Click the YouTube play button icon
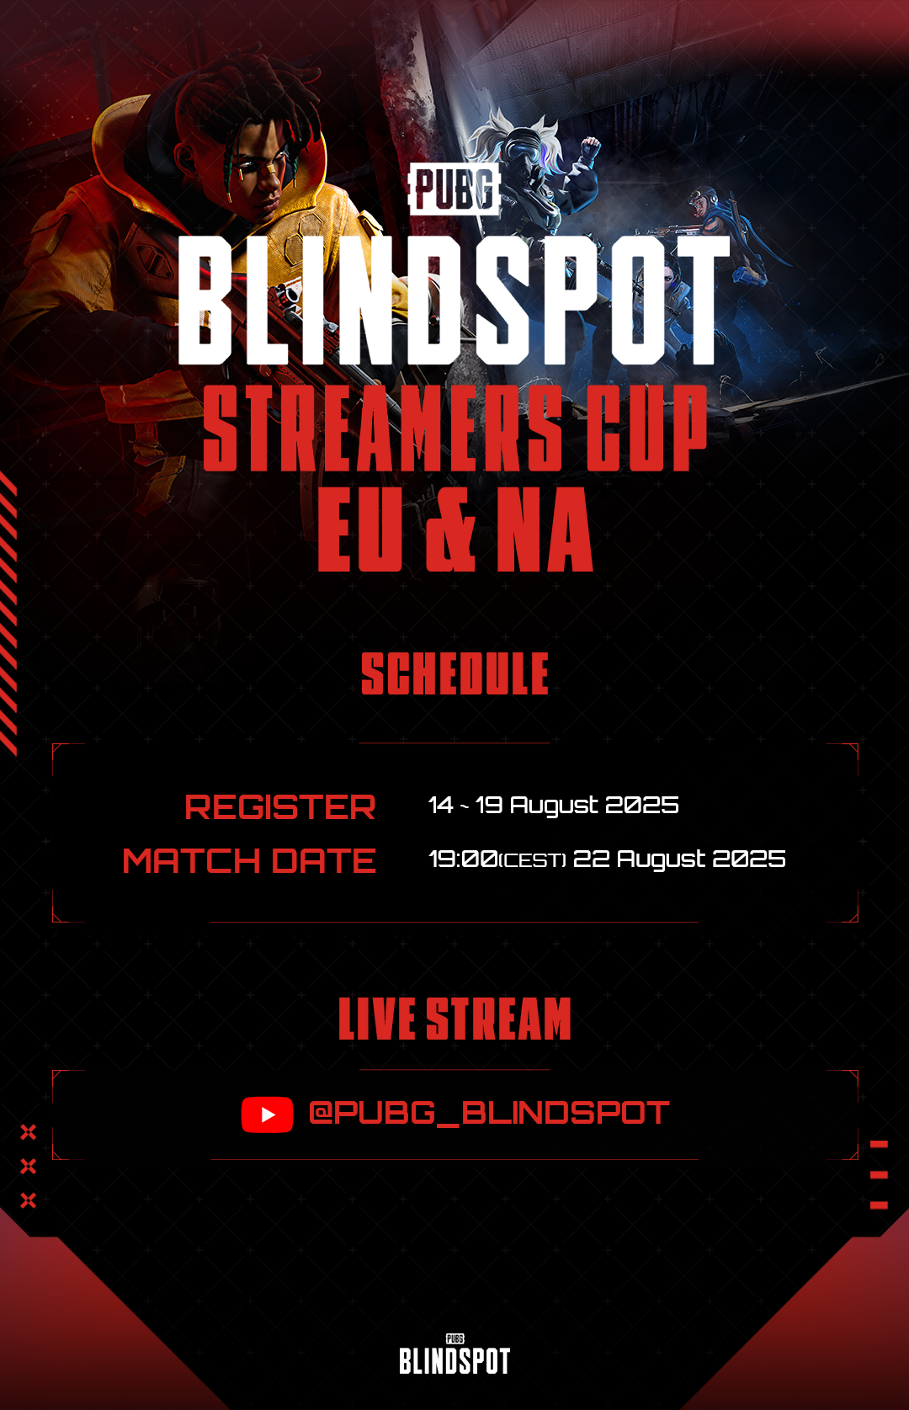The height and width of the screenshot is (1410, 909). pyautogui.click(x=267, y=1115)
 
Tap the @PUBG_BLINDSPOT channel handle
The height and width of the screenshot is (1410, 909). pyautogui.click(x=488, y=1113)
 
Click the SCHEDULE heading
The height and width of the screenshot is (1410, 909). pyautogui.click(x=454, y=673)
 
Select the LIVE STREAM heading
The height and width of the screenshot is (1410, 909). pyautogui.click(x=454, y=1019)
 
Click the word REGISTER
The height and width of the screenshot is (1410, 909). pyautogui.click(x=280, y=807)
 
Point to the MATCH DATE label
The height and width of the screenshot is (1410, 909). pyautogui.click(x=249, y=860)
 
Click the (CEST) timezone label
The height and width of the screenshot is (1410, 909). pyautogui.click(x=533, y=860)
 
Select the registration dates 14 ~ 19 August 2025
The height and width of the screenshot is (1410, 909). pyautogui.click(x=553, y=806)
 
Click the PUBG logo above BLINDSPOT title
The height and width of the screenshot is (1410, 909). pyautogui.click(x=454, y=189)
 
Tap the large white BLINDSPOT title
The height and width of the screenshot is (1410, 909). pyautogui.click(x=454, y=301)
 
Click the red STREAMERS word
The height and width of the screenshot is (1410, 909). pyautogui.click(x=383, y=428)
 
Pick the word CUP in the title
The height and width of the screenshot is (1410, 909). pyautogui.click(x=646, y=428)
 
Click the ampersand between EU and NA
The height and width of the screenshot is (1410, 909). pyautogui.click(x=451, y=530)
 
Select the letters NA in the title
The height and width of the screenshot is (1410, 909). pyautogui.click(x=545, y=530)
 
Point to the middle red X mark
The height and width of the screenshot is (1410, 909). pyautogui.click(x=29, y=1166)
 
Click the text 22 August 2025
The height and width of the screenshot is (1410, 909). pyautogui.click(x=679, y=859)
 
